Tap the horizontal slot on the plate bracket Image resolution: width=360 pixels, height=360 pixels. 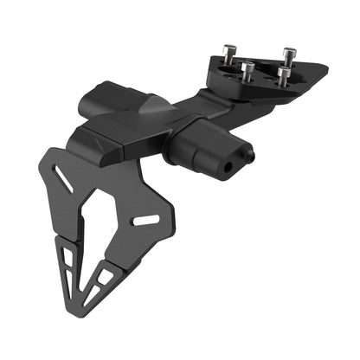(x=143, y=222)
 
